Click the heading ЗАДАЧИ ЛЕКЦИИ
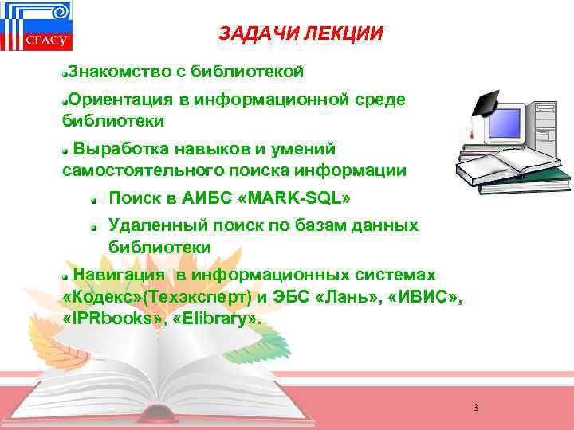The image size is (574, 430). (301, 34)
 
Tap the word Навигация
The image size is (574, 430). (120, 275)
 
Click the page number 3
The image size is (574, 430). (475, 408)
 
